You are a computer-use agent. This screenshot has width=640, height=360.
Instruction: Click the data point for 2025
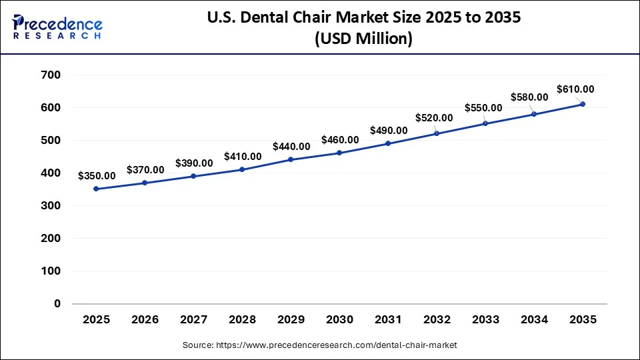97,189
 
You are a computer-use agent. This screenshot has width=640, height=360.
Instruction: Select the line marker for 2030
339,153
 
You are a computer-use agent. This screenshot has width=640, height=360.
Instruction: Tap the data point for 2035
583,104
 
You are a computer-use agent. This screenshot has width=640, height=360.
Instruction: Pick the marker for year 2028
242,169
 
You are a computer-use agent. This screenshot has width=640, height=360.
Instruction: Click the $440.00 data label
291,147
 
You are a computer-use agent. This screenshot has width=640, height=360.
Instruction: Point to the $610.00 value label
575,89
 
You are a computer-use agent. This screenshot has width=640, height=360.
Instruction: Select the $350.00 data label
97,176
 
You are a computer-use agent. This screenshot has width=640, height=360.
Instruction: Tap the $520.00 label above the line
434,118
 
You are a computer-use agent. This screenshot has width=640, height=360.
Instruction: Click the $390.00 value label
194,163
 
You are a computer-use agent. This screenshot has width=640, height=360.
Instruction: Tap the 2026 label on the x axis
145,320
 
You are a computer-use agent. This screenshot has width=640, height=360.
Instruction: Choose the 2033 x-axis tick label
485,320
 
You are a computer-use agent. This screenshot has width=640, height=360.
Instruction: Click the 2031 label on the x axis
388,320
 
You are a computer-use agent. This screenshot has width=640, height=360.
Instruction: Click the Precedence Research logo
57,27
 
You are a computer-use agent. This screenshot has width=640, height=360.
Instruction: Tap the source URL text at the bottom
319,345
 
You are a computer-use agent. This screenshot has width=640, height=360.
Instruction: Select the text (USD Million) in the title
363,39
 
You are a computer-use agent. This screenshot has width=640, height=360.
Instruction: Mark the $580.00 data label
529,97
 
